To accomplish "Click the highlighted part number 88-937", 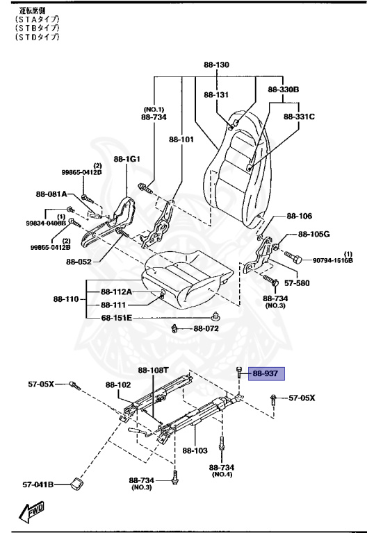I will pos(265,373).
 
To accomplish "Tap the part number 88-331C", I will pos(299,117).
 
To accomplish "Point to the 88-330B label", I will pos(283,90).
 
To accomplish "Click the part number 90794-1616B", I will pos(332,260).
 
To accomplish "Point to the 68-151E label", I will pos(116,318).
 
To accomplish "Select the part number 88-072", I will pos(206,328).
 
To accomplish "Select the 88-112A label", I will pos(116,291).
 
